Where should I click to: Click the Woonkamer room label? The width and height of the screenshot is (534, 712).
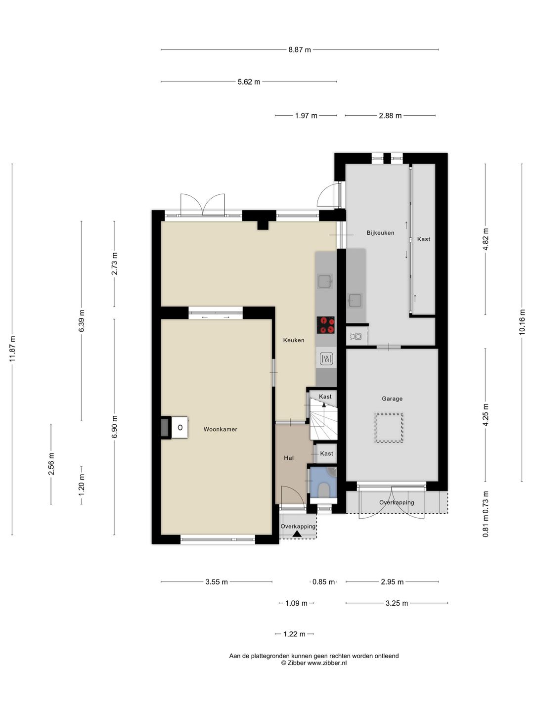(x=220, y=429)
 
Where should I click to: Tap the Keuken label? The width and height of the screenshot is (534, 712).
(x=294, y=340)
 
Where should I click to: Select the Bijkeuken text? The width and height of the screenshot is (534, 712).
(x=380, y=232)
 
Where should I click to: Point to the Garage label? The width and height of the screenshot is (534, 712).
(x=392, y=399)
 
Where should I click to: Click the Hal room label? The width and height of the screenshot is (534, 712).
(x=289, y=458)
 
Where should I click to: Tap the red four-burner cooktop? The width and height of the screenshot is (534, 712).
(x=326, y=325)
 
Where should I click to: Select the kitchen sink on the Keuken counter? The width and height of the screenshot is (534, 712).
(x=325, y=281)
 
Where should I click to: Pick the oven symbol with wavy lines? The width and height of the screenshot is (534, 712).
(x=326, y=359)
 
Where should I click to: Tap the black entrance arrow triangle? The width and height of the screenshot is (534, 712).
(x=297, y=534)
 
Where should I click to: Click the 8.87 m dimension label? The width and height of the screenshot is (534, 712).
(x=300, y=49)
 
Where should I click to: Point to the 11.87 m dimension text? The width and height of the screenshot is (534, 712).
(x=12, y=349)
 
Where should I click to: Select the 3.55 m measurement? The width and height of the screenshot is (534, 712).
(x=217, y=581)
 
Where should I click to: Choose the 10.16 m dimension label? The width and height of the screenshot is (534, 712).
(x=522, y=321)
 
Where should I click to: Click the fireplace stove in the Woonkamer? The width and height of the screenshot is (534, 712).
(x=175, y=428)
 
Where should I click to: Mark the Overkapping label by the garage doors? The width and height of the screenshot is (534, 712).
(x=397, y=502)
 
